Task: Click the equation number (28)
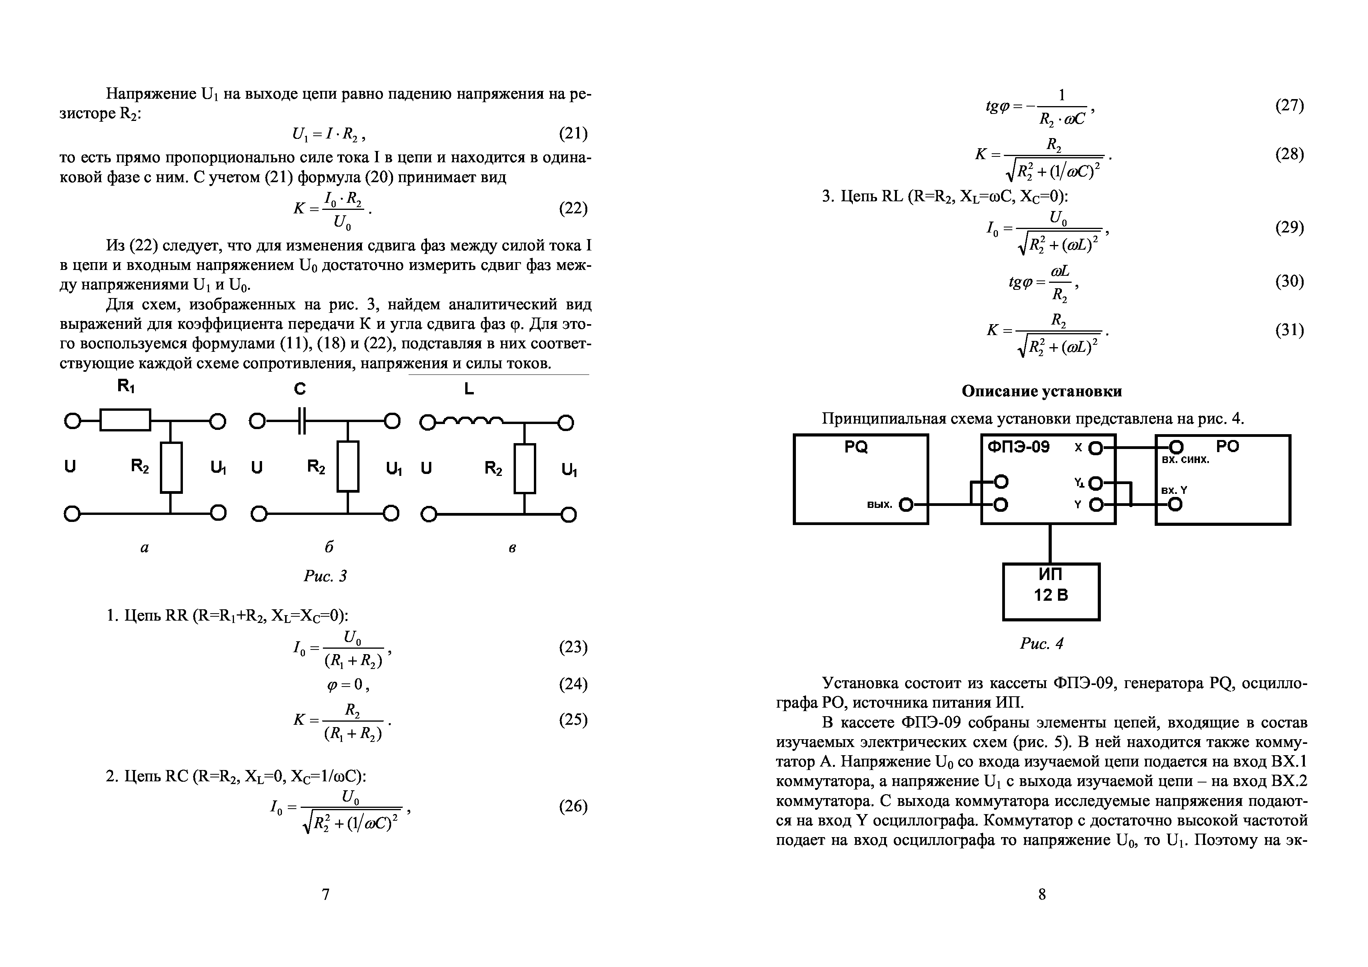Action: click(1289, 154)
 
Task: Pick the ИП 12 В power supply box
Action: click(1051, 592)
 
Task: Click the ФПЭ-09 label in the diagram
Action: click(1019, 447)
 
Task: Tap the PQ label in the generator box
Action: click(856, 447)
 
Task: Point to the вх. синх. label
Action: click(1185, 460)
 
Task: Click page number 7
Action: click(325, 894)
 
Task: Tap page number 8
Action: click(1042, 894)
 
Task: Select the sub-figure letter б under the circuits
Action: click(328, 547)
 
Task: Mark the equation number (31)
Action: click(1289, 330)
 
